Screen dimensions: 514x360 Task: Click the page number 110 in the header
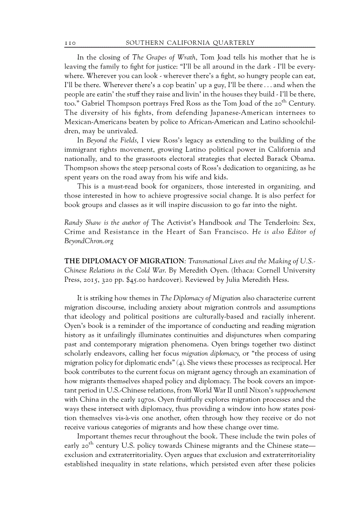pyautogui.click(x=71, y=43)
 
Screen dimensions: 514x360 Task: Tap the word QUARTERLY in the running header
pyautogui.click(x=232, y=43)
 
